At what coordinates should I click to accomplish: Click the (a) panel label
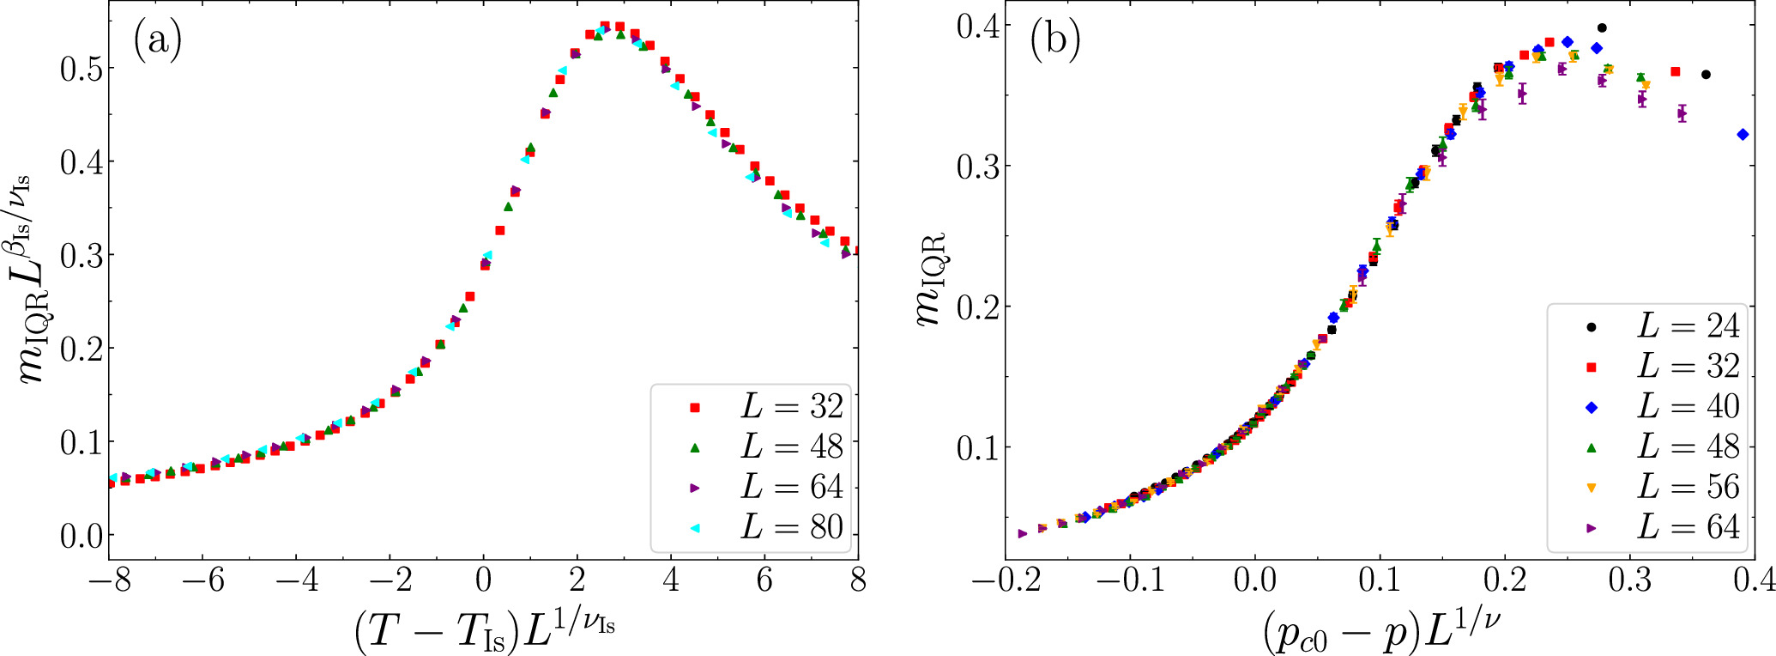click(157, 40)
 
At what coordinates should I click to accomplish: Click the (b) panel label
click(1054, 40)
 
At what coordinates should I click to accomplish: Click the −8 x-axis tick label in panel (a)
click(110, 581)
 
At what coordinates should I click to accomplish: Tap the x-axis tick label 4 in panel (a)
click(670, 581)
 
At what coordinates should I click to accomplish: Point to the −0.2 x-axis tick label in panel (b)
click(1006, 581)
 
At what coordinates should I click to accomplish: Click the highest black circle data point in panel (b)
click(1601, 27)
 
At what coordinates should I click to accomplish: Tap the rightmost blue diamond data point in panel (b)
click(1742, 134)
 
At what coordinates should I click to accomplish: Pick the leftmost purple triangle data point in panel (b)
click(1022, 533)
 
